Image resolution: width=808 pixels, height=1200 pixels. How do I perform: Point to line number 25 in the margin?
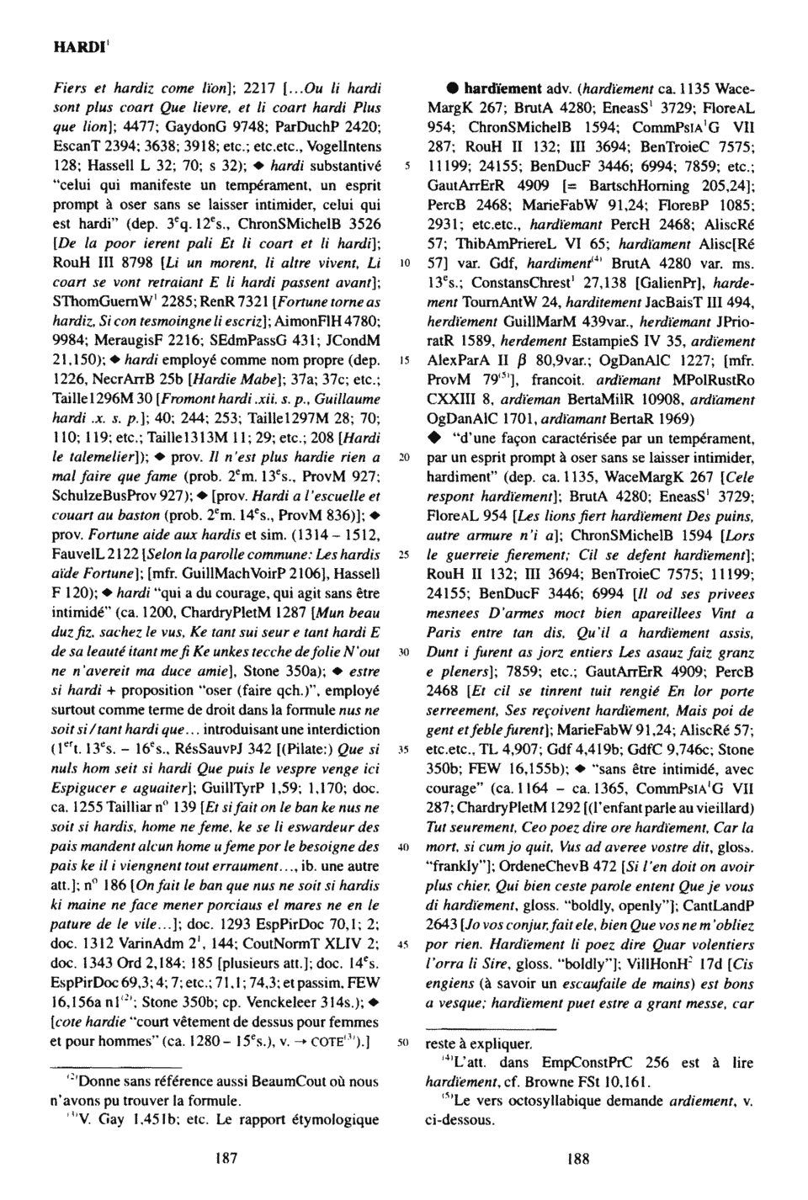click(x=404, y=555)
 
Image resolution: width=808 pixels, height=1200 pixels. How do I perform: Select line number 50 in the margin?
click(x=404, y=1043)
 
